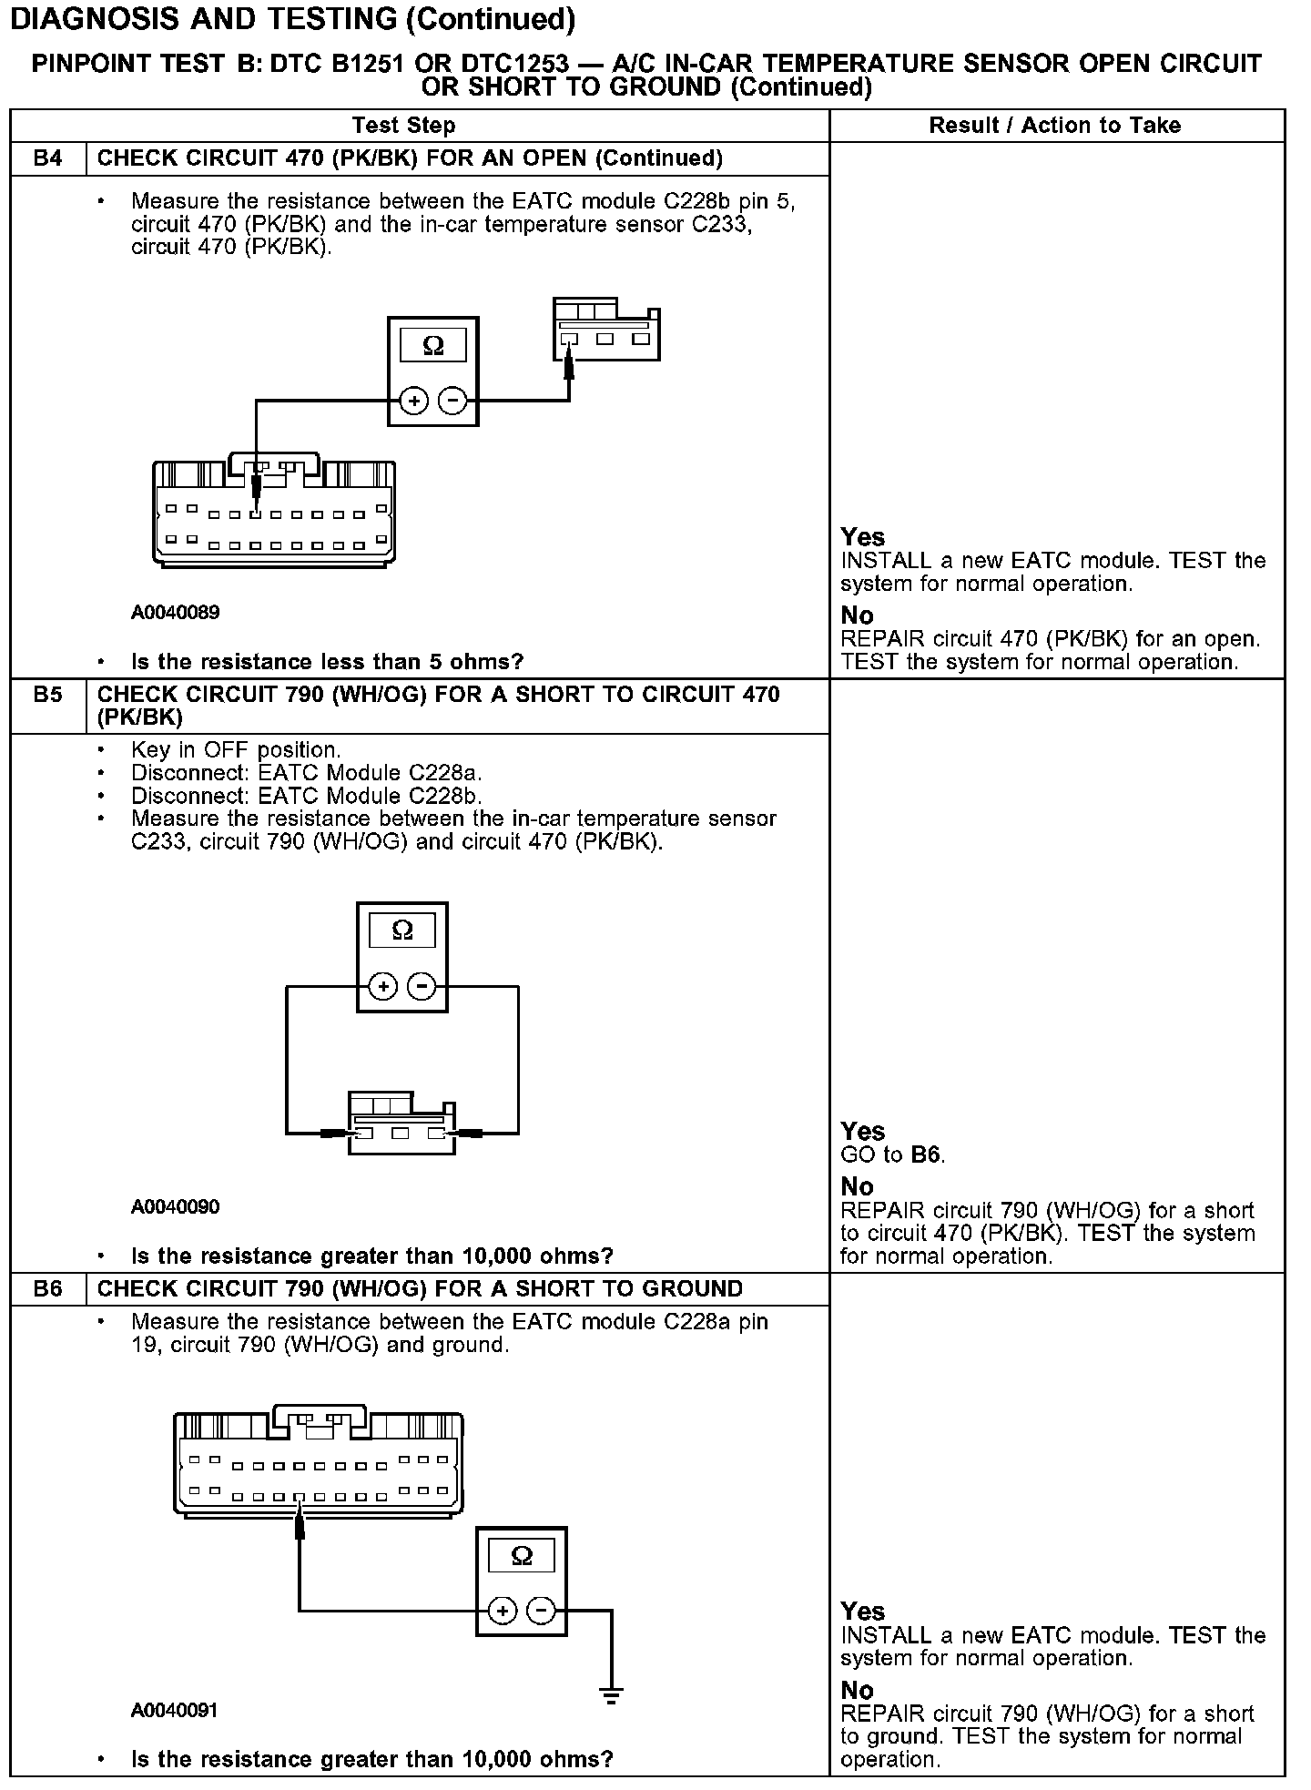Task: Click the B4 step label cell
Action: click(48, 158)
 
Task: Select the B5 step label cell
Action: click(48, 695)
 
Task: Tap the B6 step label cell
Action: click(48, 1288)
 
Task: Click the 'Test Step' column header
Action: click(403, 126)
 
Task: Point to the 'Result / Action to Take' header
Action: click(1055, 126)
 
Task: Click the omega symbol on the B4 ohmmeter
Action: click(433, 346)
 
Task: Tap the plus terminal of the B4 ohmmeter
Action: click(414, 401)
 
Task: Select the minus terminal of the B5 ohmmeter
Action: click(422, 986)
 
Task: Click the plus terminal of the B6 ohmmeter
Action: click(502, 1611)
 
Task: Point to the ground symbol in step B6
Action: click(611, 1695)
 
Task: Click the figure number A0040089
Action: click(176, 613)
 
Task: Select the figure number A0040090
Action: click(176, 1207)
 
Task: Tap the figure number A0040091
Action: click(175, 1711)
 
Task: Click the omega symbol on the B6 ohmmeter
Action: click(522, 1556)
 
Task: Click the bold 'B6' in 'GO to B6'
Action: click(927, 1155)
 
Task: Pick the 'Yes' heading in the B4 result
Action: click(862, 537)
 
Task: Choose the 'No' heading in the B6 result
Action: click(857, 1691)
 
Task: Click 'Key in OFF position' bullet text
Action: click(236, 750)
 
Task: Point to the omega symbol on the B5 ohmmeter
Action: click(402, 931)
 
